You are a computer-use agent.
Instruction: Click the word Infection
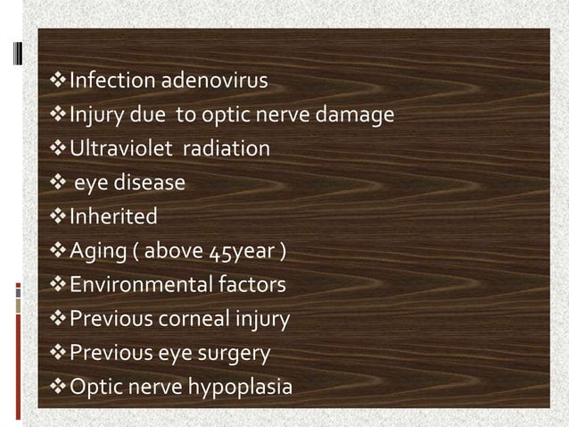[x=112, y=81]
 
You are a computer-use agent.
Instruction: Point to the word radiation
[x=226, y=149]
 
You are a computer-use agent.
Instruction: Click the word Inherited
[x=113, y=217]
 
